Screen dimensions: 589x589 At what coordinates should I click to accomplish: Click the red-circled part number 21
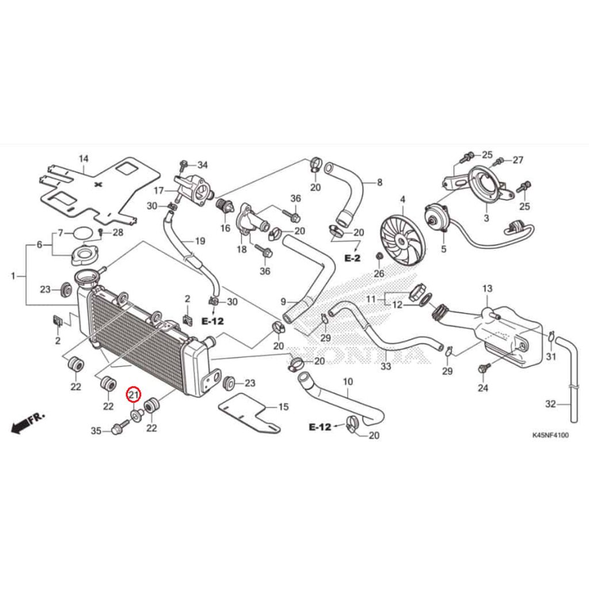pyautogui.click(x=133, y=395)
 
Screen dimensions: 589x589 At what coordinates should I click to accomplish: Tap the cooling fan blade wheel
pyautogui.click(x=402, y=240)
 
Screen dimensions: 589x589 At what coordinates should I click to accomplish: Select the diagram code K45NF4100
pyautogui.click(x=550, y=435)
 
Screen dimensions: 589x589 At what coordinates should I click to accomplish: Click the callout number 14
pyautogui.click(x=83, y=159)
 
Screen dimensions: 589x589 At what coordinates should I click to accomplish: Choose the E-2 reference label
pyautogui.click(x=353, y=258)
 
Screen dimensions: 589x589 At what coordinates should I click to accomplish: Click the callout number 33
pyautogui.click(x=386, y=366)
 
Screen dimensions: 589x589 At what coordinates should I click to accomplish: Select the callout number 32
pyautogui.click(x=550, y=404)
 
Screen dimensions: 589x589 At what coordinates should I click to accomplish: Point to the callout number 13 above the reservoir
pyautogui.click(x=487, y=289)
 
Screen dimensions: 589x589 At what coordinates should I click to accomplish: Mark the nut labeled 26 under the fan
pyautogui.click(x=379, y=257)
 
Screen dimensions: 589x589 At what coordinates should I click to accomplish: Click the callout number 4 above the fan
pyautogui.click(x=403, y=200)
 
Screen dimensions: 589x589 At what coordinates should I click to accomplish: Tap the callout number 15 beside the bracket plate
pyautogui.click(x=283, y=407)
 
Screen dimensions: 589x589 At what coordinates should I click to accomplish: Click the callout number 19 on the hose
pyautogui.click(x=200, y=241)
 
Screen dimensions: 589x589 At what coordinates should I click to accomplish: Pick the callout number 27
pyautogui.click(x=518, y=160)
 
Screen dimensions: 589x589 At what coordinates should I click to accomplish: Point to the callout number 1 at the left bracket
pyautogui.click(x=13, y=276)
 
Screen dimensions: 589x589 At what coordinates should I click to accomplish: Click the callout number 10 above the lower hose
pyautogui.click(x=348, y=382)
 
